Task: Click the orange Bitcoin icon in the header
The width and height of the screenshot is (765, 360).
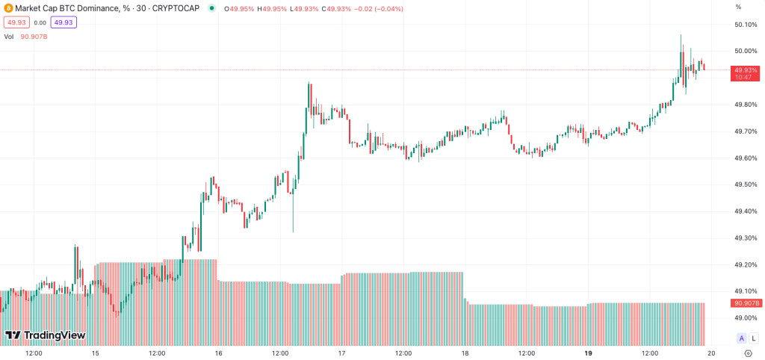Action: pyautogui.click(x=7, y=7)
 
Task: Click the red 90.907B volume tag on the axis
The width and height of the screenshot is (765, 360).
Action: pyautogui.click(x=746, y=303)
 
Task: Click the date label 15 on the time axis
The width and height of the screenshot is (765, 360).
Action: pyautogui.click(x=95, y=353)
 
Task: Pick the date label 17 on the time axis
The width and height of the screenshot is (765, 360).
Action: pyautogui.click(x=341, y=353)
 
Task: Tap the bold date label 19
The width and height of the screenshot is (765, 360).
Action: pyautogui.click(x=588, y=353)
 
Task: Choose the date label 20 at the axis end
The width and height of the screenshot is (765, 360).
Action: pyautogui.click(x=710, y=353)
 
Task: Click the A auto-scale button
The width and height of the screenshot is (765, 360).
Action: pyautogui.click(x=742, y=338)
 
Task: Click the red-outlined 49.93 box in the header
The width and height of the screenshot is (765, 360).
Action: pyautogui.click(x=16, y=22)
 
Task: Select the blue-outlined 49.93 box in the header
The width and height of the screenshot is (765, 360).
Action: pyautogui.click(x=64, y=22)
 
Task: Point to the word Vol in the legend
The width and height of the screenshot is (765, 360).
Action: pyautogui.click(x=9, y=36)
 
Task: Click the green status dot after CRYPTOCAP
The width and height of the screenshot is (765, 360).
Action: pyautogui.click(x=213, y=8)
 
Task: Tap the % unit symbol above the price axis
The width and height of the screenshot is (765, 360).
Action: pyautogui.click(x=738, y=7)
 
